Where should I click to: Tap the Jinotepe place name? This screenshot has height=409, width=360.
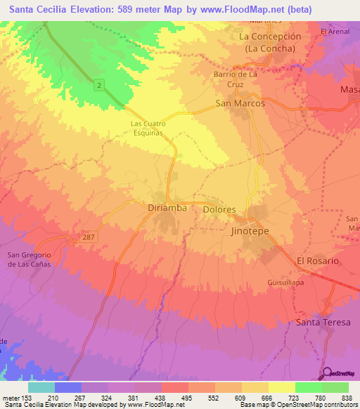(250, 230)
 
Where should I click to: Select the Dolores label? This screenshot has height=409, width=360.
(219, 209)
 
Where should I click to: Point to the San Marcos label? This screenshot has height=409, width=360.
(240, 103)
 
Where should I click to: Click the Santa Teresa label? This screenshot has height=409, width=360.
(322, 322)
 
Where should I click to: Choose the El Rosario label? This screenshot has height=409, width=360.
(318, 260)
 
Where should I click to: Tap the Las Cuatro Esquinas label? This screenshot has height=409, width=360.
(147, 127)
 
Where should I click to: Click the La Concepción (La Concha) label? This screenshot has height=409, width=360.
(270, 42)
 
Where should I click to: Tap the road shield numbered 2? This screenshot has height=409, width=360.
(101, 85)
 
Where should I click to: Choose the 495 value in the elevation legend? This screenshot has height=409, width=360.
(188, 398)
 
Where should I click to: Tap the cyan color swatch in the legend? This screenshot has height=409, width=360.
(41, 387)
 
